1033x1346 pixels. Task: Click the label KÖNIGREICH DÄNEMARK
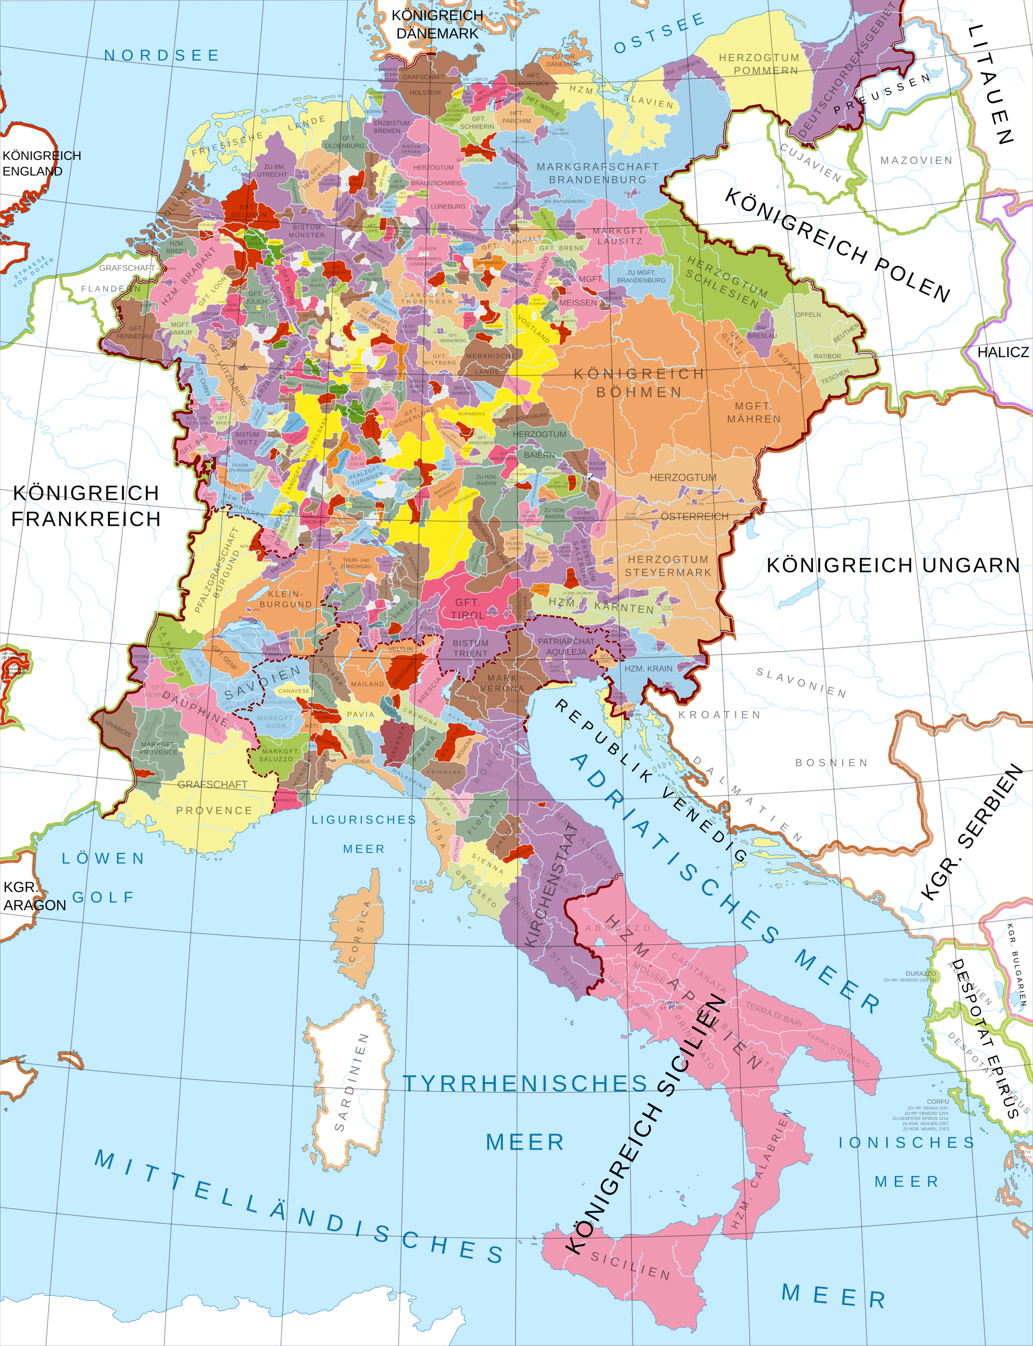click(x=437, y=25)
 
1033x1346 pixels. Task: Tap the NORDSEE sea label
click(x=162, y=56)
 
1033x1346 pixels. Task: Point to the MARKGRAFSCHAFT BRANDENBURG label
click(x=597, y=173)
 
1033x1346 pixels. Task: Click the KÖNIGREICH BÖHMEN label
click(x=639, y=383)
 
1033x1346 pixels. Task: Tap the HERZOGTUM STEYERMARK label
click(x=668, y=565)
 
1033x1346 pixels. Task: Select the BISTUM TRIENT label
click(x=471, y=648)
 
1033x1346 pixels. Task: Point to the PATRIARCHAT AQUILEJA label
click(x=566, y=646)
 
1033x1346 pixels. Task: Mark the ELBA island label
click(x=419, y=882)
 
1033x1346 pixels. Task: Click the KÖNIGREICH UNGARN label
click(x=893, y=565)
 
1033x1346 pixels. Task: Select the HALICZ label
click(x=1003, y=352)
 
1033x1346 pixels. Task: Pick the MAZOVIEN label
click(x=916, y=160)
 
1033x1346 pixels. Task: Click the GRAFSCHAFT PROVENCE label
click(x=213, y=797)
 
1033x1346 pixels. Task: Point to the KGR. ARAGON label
click(x=34, y=896)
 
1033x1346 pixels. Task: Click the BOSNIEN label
click(x=831, y=763)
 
